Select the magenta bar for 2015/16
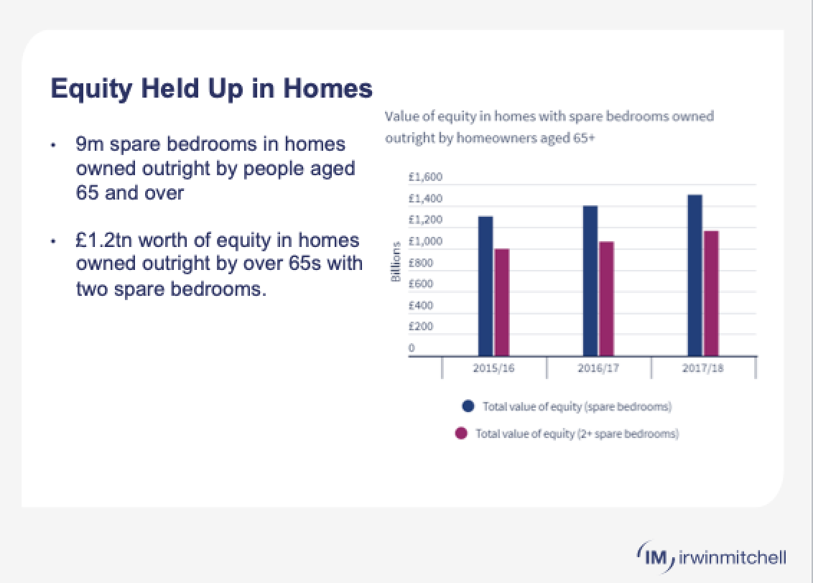coord(502,302)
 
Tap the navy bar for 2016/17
coord(590,281)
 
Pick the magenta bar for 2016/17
coord(607,299)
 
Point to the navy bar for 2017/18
coord(694,275)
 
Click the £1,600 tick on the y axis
coord(422,177)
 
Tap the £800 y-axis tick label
coord(421,263)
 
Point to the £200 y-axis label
coord(421,327)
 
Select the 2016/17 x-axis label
coord(598,368)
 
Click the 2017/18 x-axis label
coord(703,368)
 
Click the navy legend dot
coord(469,406)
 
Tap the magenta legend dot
coord(462,434)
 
